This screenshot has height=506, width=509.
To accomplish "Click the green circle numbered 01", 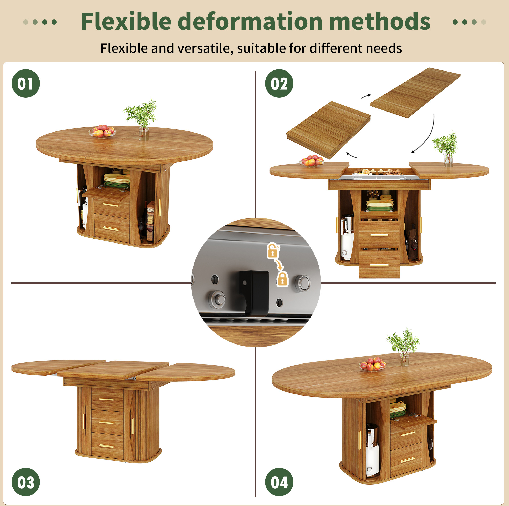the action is [26, 83].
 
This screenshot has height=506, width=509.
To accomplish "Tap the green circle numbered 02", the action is [279, 83].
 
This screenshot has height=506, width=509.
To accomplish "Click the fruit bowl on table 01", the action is [102, 131].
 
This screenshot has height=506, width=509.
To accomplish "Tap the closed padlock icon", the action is [282, 279].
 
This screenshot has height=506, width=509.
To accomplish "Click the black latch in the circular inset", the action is [254, 292].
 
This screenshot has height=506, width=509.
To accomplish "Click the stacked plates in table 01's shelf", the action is [117, 180].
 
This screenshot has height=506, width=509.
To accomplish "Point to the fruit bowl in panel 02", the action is [312, 161].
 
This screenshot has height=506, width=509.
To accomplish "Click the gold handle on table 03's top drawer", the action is [106, 400].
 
